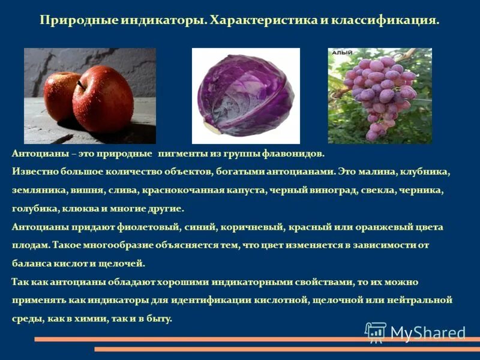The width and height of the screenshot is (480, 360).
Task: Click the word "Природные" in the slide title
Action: tap(71, 20)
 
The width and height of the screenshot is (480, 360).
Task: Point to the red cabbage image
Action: tap(247, 95)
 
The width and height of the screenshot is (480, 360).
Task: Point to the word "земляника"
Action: tap(34, 190)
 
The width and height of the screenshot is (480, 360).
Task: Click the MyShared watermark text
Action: tap(427, 333)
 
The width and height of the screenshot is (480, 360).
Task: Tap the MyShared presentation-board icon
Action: tap(376, 332)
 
